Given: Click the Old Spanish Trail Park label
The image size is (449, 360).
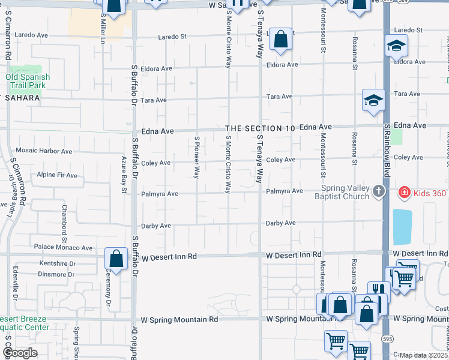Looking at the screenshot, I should tap(28, 82).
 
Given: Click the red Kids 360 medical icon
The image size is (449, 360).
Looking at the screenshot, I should tap(405, 193).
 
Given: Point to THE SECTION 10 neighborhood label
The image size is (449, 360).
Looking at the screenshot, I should tap(261, 128).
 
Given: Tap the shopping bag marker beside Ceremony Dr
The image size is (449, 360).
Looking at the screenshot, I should tap(116, 259).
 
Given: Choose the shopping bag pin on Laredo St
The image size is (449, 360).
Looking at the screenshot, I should tap(280, 40).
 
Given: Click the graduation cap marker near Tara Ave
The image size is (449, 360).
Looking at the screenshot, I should tap(373, 100).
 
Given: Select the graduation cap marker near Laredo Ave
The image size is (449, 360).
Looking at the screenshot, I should tap(396, 46).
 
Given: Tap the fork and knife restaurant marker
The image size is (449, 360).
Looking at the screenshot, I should tap(379, 292).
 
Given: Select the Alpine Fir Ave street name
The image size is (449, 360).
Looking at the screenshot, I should tap(57, 175).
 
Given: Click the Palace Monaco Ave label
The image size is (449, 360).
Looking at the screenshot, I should tap(63, 247).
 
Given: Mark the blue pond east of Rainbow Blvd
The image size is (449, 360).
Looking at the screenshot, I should tap(402, 224).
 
